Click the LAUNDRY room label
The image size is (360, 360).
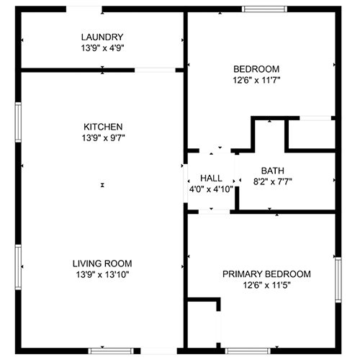[102, 37]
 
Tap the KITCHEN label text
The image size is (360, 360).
[103, 127]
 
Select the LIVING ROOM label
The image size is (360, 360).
[102, 264]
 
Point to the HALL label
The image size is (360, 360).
[211, 179]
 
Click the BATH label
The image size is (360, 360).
[273, 171]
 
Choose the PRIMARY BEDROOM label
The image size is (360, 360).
[266, 274]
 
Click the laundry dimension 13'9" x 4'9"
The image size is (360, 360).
[102, 48]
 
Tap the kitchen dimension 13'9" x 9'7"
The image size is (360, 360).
[104, 138]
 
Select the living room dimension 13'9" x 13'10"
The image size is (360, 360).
[103, 274]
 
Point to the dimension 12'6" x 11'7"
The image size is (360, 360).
[256, 80]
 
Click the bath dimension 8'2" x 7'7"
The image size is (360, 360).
[273, 181]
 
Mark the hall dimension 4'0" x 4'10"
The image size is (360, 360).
[211, 189]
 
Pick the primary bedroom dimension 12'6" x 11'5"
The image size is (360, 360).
[267, 285]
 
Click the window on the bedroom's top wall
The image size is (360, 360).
[264, 9]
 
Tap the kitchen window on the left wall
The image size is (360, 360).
[18, 122]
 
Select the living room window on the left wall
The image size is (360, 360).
[18, 267]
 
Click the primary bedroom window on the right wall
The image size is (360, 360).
[338, 280]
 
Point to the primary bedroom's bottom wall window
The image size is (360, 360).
[248, 351]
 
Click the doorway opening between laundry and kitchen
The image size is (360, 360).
[155, 70]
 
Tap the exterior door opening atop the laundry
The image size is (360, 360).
[84, 9]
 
